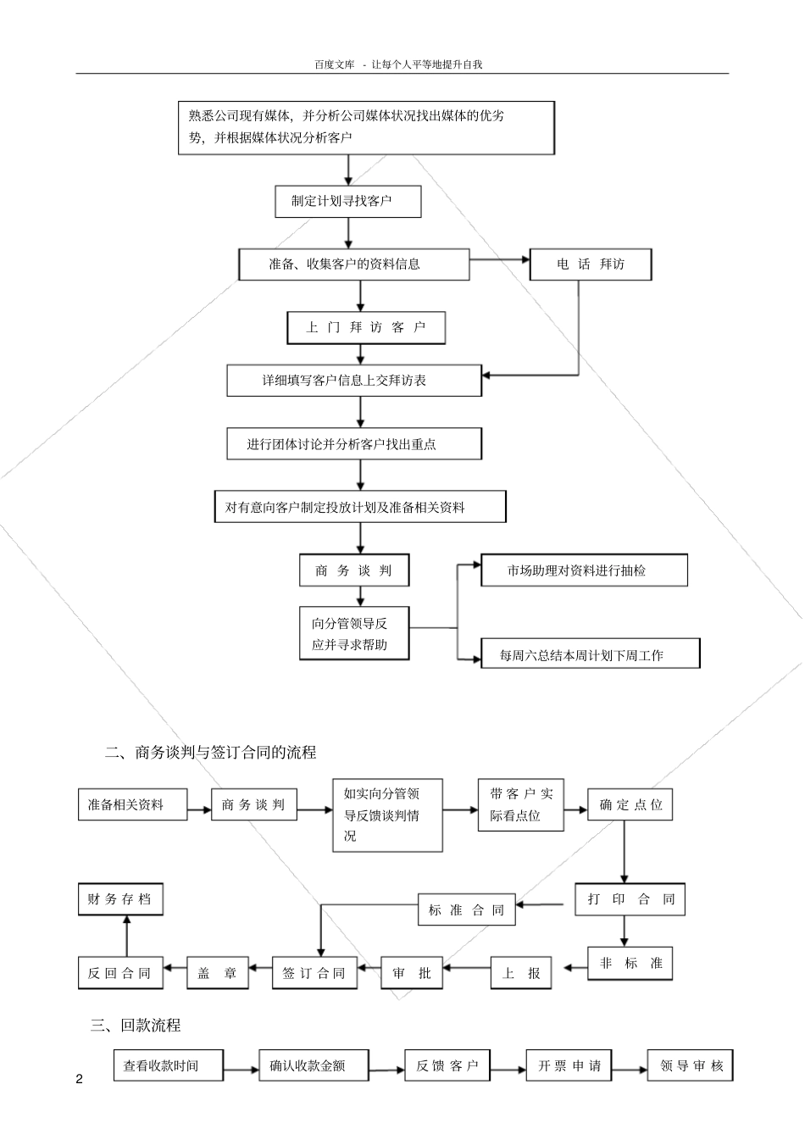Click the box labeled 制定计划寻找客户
point(347,202)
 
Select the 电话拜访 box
point(591,264)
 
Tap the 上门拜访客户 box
point(365,328)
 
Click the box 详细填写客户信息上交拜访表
point(354,381)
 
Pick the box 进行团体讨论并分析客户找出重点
point(354,444)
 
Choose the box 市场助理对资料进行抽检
point(584,570)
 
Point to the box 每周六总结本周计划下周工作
point(591,654)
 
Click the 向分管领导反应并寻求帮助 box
point(354,633)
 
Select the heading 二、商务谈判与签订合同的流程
point(210,752)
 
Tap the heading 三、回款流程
point(136,1025)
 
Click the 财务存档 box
point(119,899)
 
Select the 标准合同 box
point(466,910)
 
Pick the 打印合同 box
point(630,899)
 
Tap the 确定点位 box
point(630,804)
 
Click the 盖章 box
point(218,973)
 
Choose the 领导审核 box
point(690,1066)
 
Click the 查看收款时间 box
point(169,1066)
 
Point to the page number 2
point(80,1079)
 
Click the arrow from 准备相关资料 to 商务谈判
point(199,809)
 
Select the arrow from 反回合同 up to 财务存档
point(126,937)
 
